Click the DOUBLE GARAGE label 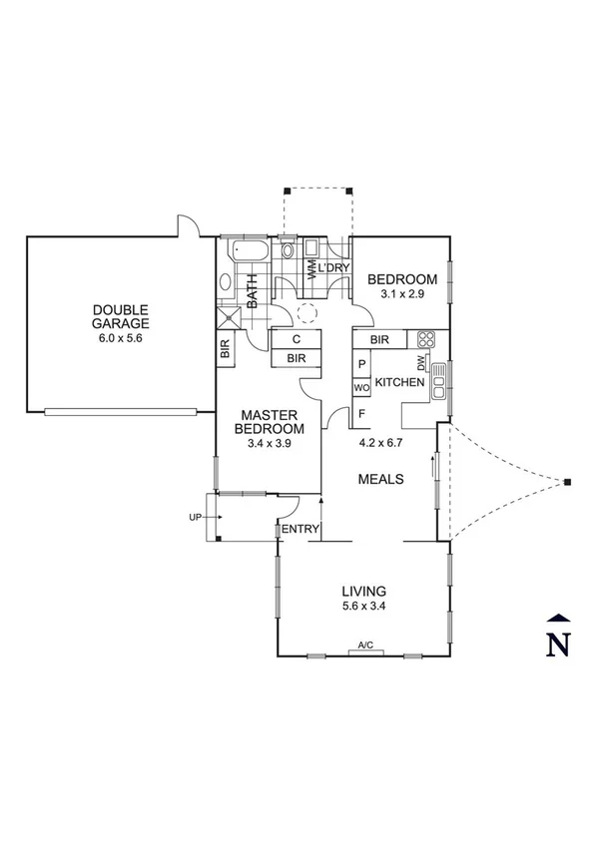point(121,316)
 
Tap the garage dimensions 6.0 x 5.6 point(121,338)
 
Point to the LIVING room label point(362,590)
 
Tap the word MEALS point(380,480)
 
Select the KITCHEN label point(400,382)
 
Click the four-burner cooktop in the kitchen point(425,339)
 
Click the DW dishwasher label point(422,363)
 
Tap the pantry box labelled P point(361,365)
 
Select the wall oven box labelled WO point(361,387)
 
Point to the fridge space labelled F point(361,411)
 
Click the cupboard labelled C point(297,339)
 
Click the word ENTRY point(300,529)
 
